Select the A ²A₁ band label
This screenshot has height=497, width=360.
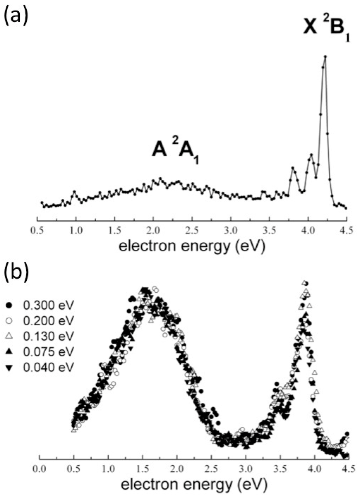point(175,150)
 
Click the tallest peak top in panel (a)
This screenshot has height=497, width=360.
point(325,56)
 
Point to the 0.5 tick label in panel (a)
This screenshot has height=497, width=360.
point(37,232)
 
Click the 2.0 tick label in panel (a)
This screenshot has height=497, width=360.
point(153,232)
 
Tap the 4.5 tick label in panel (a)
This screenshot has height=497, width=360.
point(346,232)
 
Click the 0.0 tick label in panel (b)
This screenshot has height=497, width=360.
point(40,469)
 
